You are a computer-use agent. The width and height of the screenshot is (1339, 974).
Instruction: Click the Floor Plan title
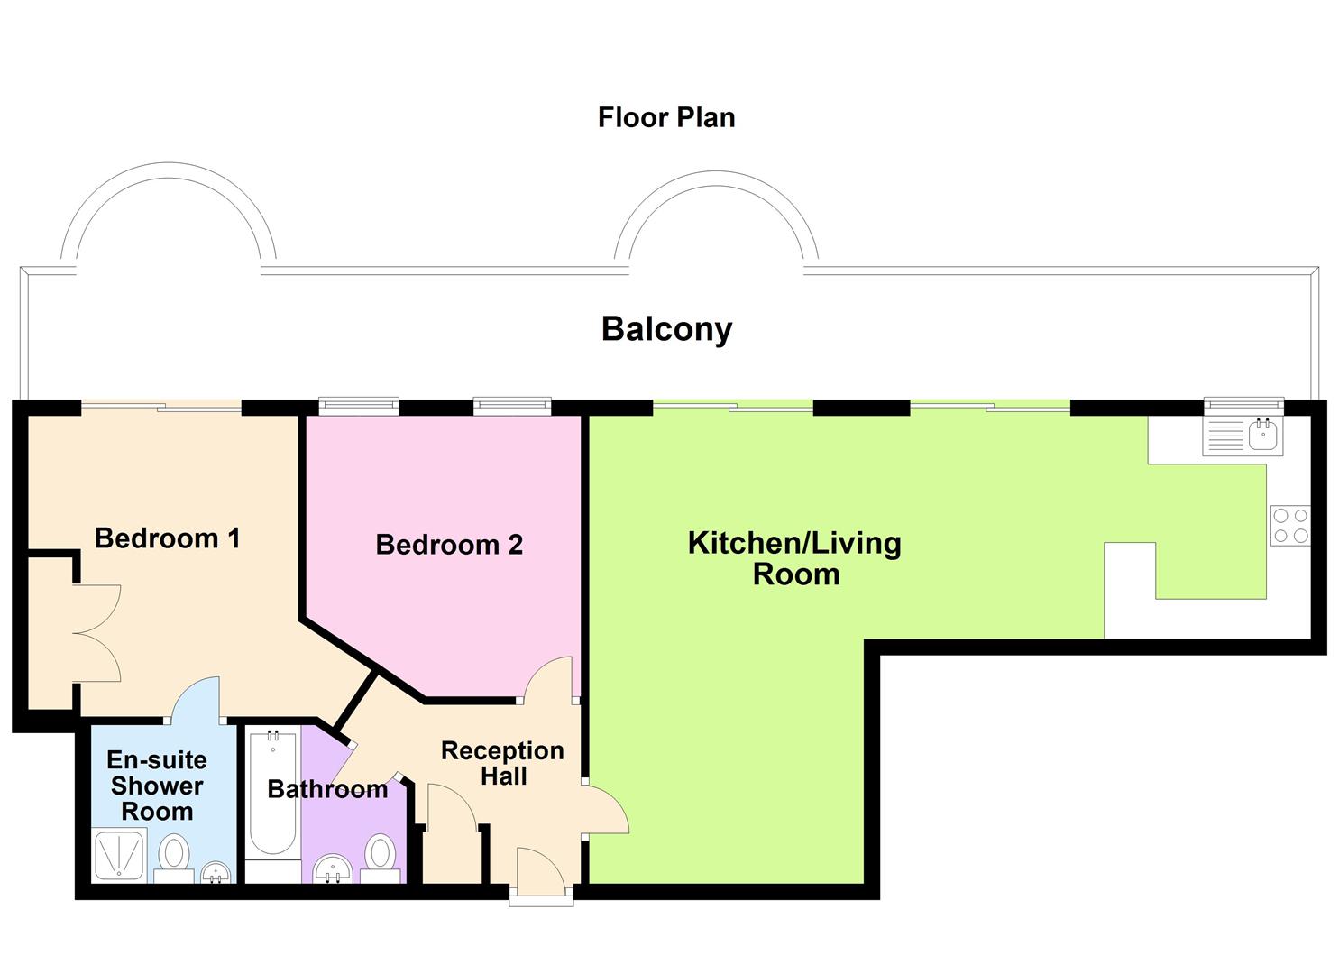pos(666,117)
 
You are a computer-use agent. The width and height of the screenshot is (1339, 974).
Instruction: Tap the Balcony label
pos(666,329)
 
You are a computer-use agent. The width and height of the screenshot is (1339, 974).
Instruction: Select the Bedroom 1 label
pos(167,538)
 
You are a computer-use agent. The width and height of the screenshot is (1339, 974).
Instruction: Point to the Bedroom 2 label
pos(449,545)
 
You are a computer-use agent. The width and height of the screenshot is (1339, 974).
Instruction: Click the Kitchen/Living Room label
pos(794,558)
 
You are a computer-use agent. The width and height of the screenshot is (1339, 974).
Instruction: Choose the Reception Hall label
pos(502,763)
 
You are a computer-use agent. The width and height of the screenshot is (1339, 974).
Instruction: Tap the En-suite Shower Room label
pos(157,786)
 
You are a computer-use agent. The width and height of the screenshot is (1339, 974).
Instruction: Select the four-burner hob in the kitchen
pos(1289,526)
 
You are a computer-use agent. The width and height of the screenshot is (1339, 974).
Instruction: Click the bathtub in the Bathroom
pos(272,794)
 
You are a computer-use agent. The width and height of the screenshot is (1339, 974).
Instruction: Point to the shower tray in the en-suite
pos(118,854)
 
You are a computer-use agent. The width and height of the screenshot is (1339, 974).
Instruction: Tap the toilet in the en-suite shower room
pos(173,858)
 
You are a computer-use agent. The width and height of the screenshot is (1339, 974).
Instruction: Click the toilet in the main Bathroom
pos(381,858)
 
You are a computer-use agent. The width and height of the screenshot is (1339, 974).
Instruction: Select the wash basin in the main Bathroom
pos(333,871)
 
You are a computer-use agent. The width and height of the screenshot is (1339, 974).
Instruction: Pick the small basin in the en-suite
pos(216,873)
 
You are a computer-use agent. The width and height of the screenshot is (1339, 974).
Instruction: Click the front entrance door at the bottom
pos(540,875)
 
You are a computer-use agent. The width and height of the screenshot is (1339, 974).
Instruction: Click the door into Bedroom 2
pos(548,681)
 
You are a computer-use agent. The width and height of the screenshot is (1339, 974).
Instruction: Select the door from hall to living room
pos(605,809)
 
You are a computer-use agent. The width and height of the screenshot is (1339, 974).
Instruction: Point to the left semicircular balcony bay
pos(168,216)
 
